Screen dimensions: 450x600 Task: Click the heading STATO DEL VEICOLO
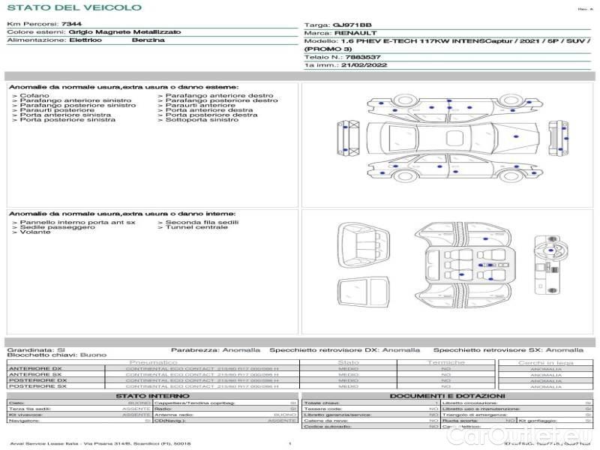73,7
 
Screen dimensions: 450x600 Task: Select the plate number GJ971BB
352,25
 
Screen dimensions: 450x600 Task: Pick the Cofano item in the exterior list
34,96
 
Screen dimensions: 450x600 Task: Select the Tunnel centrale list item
196,227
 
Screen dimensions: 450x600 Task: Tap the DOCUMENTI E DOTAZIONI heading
447,396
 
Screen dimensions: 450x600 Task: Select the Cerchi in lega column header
545,362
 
